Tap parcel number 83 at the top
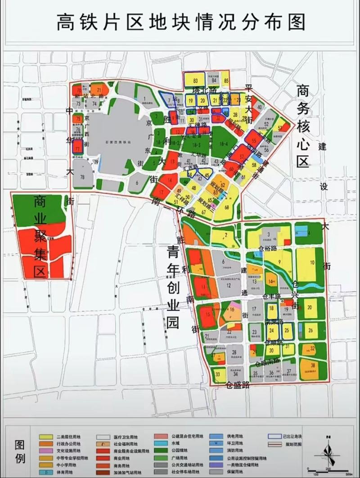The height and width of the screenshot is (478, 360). coord(195,80)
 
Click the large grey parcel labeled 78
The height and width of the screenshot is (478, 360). coord(82,177)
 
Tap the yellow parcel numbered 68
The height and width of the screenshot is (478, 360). coord(227,207)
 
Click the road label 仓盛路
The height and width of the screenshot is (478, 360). coord(238,384)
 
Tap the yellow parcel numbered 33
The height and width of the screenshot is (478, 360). coord(219,374)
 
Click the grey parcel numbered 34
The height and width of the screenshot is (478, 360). coord(235,373)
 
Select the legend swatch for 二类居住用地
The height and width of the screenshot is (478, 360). coord(45,436)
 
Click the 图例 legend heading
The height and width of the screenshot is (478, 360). coord(19,453)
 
